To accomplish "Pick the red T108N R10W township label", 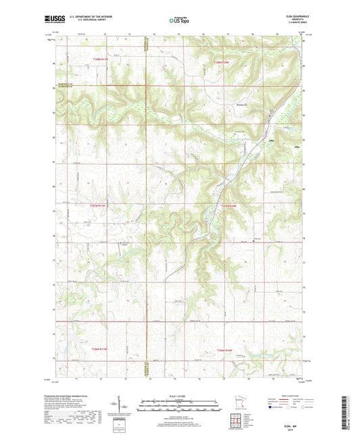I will pyautogui.click(x=224, y=63).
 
